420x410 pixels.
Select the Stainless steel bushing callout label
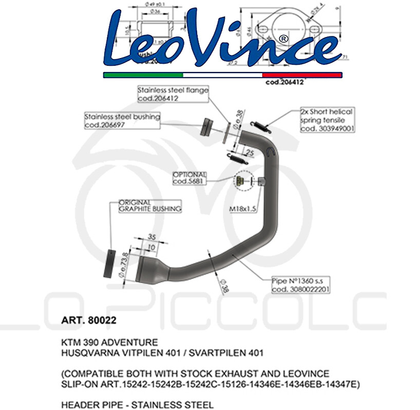click(x=122, y=121)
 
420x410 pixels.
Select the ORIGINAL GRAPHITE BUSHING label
click(x=150, y=206)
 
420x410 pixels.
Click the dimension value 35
click(x=152, y=237)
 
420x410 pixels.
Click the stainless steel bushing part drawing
click(x=207, y=126)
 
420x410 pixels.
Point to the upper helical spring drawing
click(x=261, y=123)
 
